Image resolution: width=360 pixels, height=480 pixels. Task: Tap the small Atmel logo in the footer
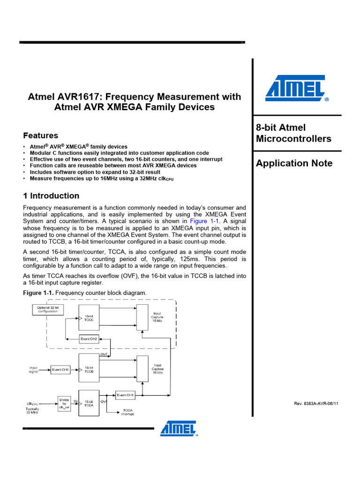(179, 427)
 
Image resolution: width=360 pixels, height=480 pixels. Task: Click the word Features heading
(41, 135)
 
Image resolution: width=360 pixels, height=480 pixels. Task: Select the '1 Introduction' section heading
(51, 195)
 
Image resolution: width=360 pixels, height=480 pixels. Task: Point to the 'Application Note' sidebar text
(294, 163)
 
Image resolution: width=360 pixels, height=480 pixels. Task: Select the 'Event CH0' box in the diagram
(61, 370)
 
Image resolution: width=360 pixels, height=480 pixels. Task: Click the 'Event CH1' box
(125, 395)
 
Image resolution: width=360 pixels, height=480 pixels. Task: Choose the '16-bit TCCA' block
(89, 403)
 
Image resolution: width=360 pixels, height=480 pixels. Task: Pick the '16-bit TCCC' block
(89, 318)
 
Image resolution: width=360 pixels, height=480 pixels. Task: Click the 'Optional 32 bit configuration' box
(47, 309)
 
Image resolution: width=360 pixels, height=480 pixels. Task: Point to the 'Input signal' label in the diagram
(33, 370)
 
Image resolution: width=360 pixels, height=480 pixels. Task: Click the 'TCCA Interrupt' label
(128, 412)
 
